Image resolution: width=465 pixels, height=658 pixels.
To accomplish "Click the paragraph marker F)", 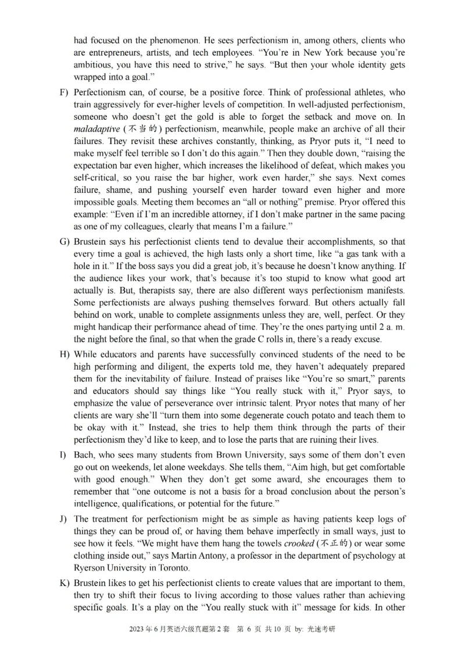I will (x=64, y=92).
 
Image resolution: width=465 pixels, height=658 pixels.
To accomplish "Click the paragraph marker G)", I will (x=64, y=241).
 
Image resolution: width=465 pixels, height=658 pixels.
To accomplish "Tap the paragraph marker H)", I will (x=64, y=355).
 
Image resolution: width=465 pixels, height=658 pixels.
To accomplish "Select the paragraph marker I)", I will (x=63, y=455).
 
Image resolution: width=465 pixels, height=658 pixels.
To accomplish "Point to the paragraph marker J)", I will (x=63, y=519).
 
